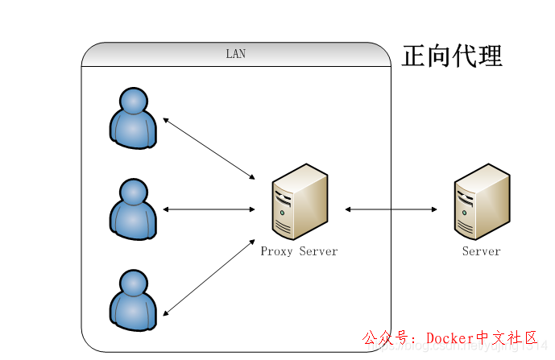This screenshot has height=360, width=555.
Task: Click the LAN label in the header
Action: [x=235, y=54]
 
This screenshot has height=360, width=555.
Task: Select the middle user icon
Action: [x=133, y=210]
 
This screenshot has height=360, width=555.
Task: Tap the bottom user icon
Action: [x=133, y=301]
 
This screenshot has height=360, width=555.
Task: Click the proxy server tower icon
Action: [x=299, y=202]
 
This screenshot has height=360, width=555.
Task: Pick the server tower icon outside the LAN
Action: [x=482, y=202]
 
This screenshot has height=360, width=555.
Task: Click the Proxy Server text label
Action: [x=299, y=251]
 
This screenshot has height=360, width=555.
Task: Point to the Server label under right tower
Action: [x=482, y=251]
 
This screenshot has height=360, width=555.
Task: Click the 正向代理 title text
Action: [x=452, y=56]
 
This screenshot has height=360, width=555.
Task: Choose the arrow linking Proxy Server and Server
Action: [x=391, y=209]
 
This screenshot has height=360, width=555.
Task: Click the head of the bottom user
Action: [x=133, y=283]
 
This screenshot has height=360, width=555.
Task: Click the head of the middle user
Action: [x=133, y=192]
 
